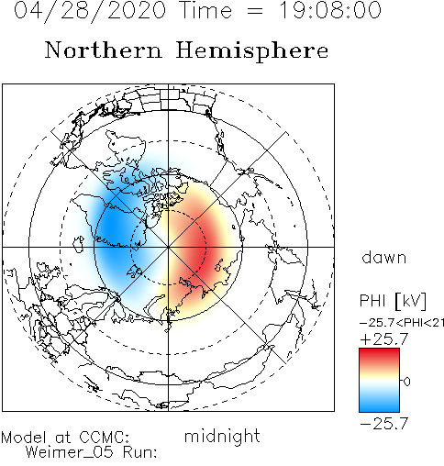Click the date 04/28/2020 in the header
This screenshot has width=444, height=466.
(x=90, y=11)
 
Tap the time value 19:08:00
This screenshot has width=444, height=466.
(x=330, y=10)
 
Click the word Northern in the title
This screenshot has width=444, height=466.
(x=104, y=50)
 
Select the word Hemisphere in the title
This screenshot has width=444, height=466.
(x=252, y=51)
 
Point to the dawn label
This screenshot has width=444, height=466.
(x=384, y=257)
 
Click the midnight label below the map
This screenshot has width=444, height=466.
(x=222, y=437)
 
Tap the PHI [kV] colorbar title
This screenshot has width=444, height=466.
(x=393, y=301)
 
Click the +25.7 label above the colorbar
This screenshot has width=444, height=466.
(x=384, y=339)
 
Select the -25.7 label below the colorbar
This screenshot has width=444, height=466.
(x=384, y=424)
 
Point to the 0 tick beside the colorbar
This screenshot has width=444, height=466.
(x=406, y=382)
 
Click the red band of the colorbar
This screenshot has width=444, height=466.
(x=379, y=356)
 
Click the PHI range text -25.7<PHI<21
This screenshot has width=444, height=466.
(x=402, y=323)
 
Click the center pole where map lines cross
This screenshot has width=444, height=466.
(x=168, y=247)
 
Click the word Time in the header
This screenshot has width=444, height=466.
(x=206, y=10)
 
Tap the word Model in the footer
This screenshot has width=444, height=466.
(x=24, y=438)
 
